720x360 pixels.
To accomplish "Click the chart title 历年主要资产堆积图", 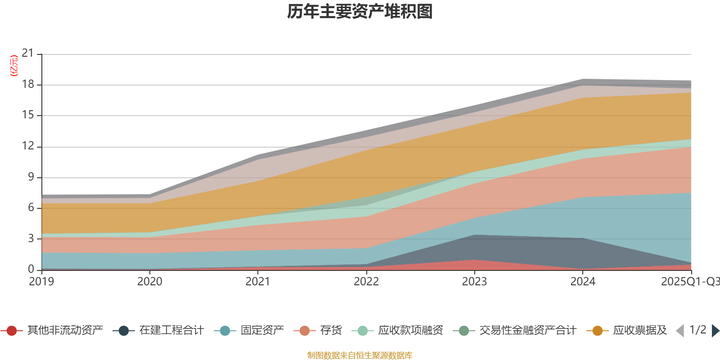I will [x=360, y=12].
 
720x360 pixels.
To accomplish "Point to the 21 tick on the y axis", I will [x=28, y=54].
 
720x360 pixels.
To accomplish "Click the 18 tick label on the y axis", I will [x=28, y=85].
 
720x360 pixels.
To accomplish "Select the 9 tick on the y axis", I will [x=31, y=177].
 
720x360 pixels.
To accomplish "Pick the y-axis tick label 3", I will [x=31, y=238].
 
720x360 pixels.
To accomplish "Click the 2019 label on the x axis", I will [x=41, y=282].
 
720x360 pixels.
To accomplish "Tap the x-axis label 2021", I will [x=258, y=282].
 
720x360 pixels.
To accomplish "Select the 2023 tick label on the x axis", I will [x=474, y=282].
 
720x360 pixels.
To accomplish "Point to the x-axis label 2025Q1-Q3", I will [x=690, y=282].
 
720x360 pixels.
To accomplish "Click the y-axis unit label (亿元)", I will [x=14, y=66].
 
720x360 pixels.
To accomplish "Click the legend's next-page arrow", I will [x=715, y=331].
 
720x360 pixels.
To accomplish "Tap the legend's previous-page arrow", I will [x=680, y=331].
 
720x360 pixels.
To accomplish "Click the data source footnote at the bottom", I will [x=360, y=355].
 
